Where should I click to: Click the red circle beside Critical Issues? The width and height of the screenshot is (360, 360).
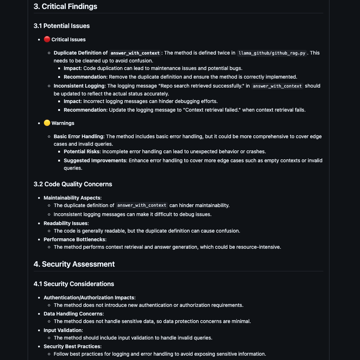pyautogui.click(x=47, y=39)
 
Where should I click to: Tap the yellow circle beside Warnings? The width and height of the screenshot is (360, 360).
pyautogui.click(x=47, y=123)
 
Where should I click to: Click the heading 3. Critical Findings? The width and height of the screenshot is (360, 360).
pyautogui.click(x=65, y=6)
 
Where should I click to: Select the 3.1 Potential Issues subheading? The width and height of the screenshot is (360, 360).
pyautogui.click(x=61, y=26)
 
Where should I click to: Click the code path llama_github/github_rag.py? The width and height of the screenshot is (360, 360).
pyautogui.click(x=272, y=53)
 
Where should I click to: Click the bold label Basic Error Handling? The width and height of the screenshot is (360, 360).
pyautogui.click(x=79, y=136)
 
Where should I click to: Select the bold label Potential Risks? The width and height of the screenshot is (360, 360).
pyautogui.click(x=82, y=151)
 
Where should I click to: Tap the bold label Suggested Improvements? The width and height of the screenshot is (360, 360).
pyautogui.click(x=95, y=160)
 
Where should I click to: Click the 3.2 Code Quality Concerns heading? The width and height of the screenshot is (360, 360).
pyautogui.click(x=73, y=184)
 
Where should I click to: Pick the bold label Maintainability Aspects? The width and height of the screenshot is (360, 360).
pyautogui.click(x=73, y=198)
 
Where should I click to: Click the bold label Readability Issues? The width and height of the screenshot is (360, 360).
pyautogui.click(x=66, y=223)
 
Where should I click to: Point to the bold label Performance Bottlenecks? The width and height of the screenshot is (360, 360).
pyautogui.click(x=75, y=239)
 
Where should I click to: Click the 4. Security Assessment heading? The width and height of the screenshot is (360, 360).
pyautogui.click(x=74, y=264)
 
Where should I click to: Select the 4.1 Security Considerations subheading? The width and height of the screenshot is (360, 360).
pyautogui.click(x=74, y=284)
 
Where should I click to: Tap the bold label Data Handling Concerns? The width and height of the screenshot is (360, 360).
pyautogui.click(x=73, y=314)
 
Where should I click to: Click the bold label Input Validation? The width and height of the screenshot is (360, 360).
pyautogui.click(x=63, y=330)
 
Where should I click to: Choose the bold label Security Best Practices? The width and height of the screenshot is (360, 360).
pyautogui.click(x=73, y=346)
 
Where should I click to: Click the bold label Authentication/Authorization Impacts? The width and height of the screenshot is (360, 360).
pyautogui.click(x=89, y=298)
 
